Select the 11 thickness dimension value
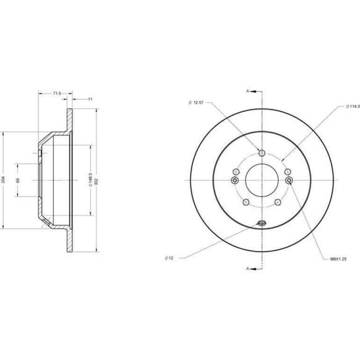click(x=90, y=100)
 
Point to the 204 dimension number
click(x=3, y=180)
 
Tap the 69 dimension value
click(x=18, y=180)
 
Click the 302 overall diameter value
click(x=96, y=181)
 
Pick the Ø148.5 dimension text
click(x=90, y=180)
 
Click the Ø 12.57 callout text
click(x=196, y=103)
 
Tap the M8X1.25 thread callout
click(x=338, y=259)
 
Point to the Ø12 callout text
click(x=169, y=258)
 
